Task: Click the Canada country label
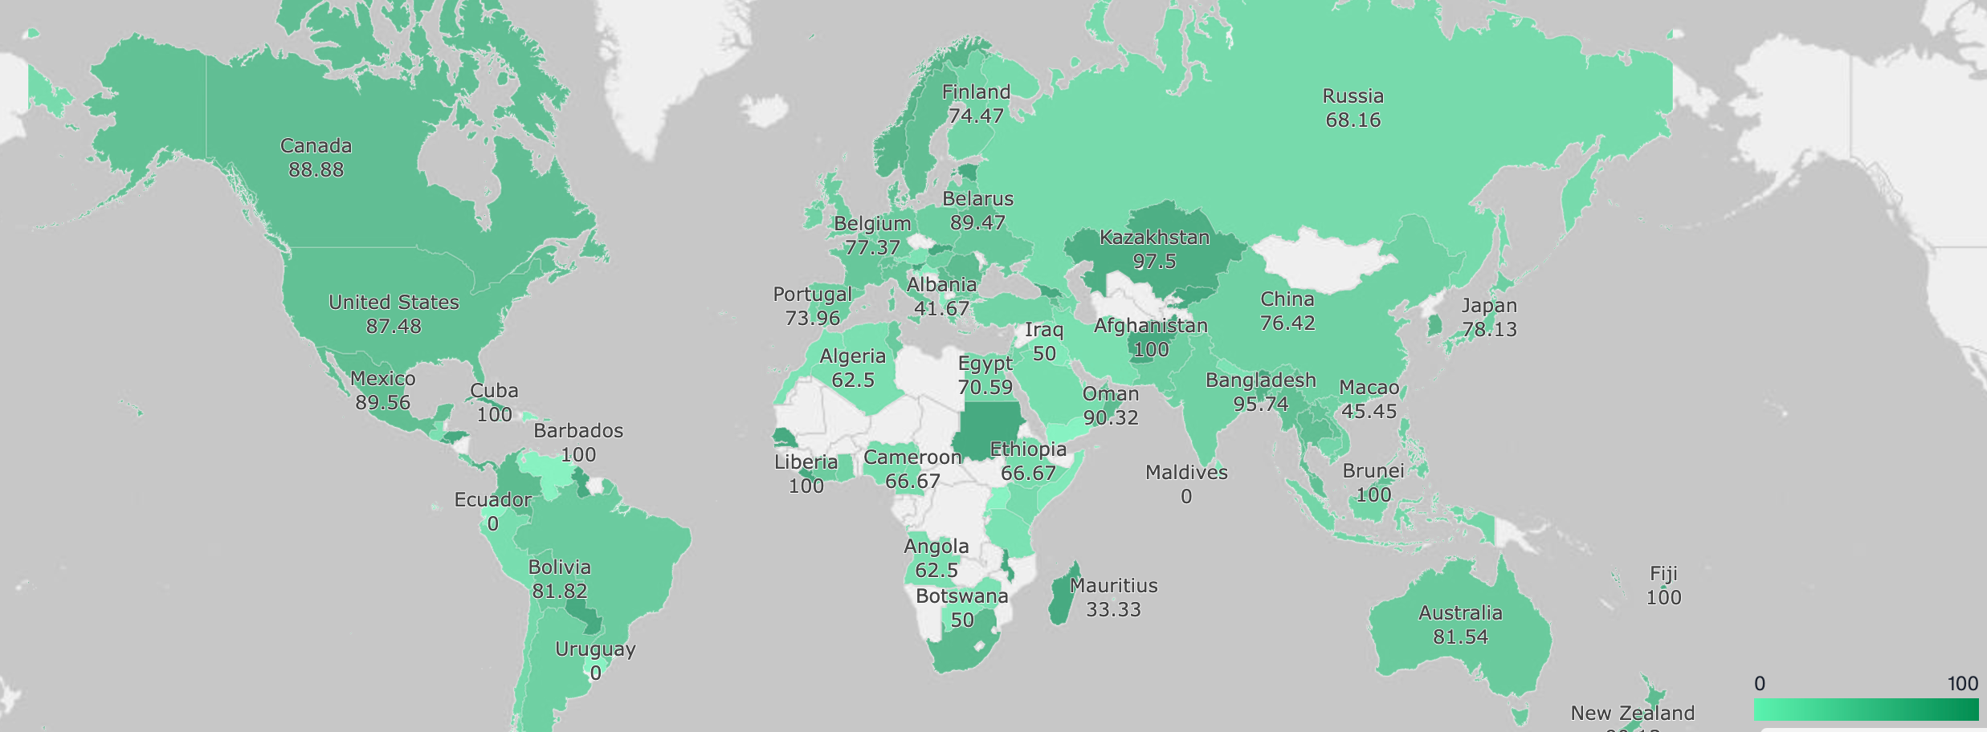pos(316,146)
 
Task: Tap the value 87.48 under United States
pos(394,327)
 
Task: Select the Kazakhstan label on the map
pos(1154,238)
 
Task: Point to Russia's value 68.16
pos(1353,120)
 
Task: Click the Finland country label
pos(976,92)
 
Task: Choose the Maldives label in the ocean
pos(1186,473)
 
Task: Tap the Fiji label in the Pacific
pos(1663,574)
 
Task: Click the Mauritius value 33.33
pos(1113,610)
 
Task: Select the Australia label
pos(1460,613)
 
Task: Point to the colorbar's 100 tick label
pos(1962,684)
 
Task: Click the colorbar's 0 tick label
pos(1760,684)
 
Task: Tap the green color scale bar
pos(1865,710)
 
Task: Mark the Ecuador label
pos(492,500)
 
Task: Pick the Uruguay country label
pos(595,649)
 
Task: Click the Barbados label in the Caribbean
pos(578,431)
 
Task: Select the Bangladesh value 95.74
pos(1260,405)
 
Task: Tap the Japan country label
pos(1489,306)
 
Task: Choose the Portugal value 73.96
pos(812,319)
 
